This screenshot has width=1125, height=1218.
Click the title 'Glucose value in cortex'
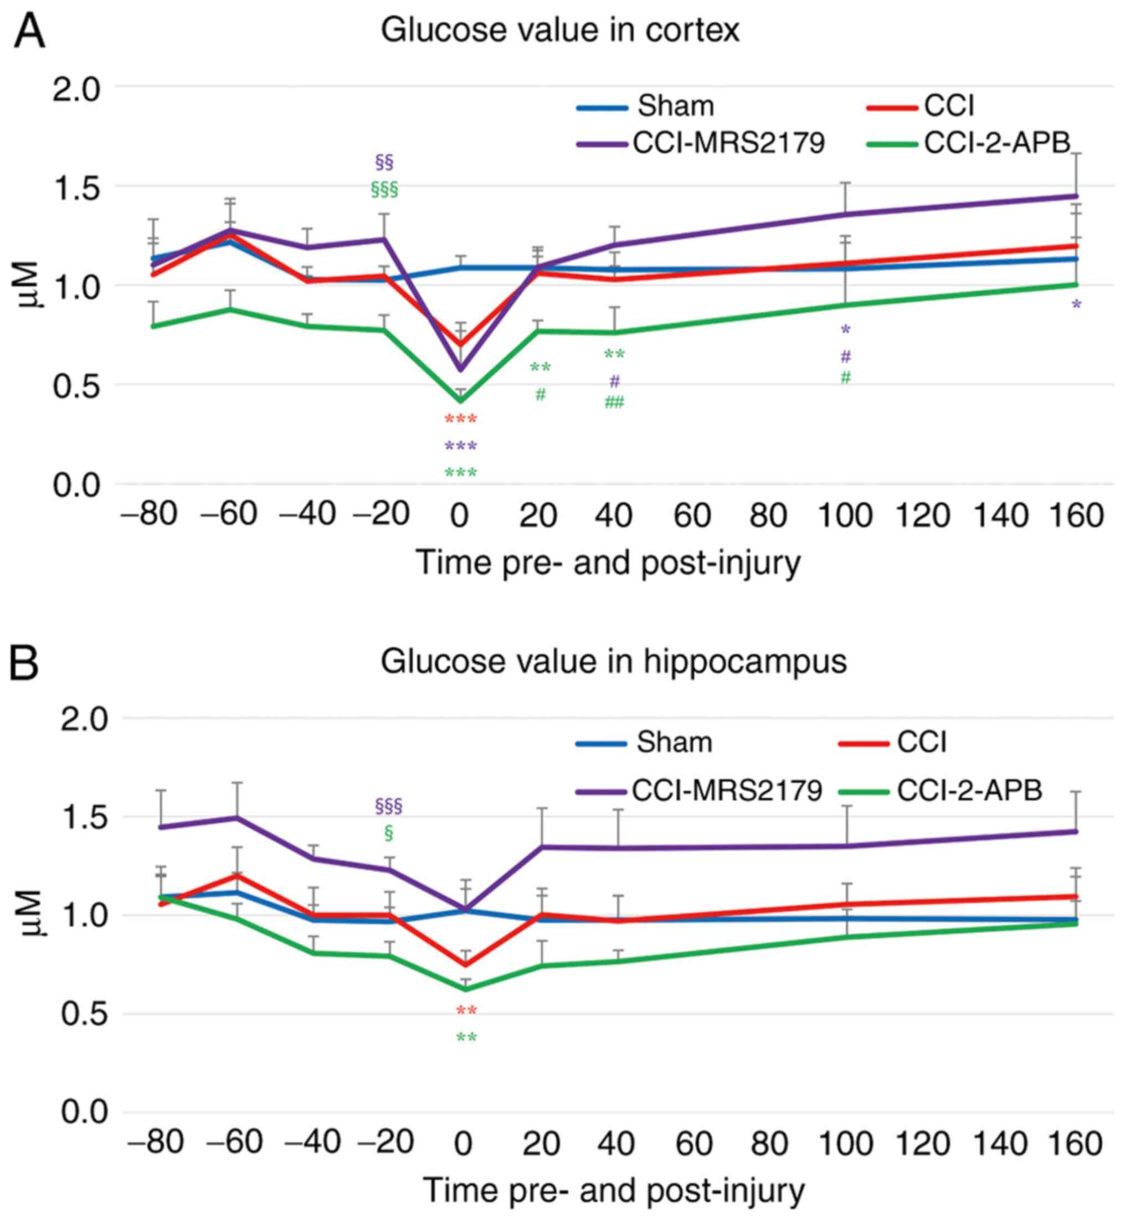pyautogui.click(x=560, y=30)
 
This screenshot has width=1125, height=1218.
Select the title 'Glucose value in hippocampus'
pyautogui.click(x=613, y=662)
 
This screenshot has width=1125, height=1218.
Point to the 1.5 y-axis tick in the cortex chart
pyautogui.click(x=76, y=185)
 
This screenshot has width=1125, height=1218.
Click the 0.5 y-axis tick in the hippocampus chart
pyautogui.click(x=84, y=1014)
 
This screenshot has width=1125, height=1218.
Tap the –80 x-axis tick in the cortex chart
pyautogui.click(x=150, y=515)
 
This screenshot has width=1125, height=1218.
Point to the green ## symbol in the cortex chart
pyautogui.click(x=614, y=402)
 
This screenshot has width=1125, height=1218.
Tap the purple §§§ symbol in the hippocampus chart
pyautogui.click(x=388, y=807)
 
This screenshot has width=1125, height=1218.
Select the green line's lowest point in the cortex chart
pyautogui.click(x=461, y=400)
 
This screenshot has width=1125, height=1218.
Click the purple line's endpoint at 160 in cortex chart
pyautogui.click(x=1076, y=196)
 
